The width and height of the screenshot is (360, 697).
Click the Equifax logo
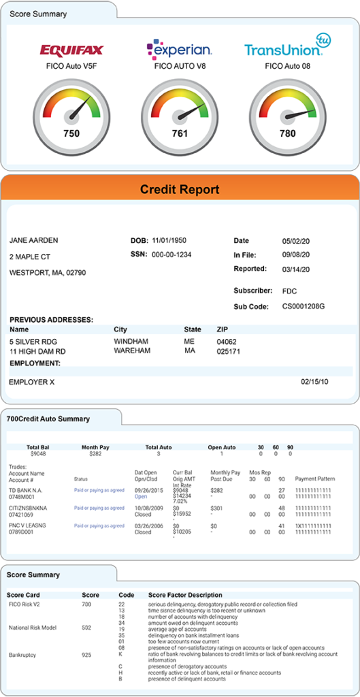click(71, 50)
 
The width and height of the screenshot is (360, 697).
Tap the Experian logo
click(180, 48)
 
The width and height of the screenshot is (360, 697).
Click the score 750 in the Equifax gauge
click(71, 133)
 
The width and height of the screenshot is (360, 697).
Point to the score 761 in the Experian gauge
click(180, 133)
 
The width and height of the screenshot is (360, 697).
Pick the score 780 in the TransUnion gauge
click(288, 133)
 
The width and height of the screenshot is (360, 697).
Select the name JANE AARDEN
click(33, 240)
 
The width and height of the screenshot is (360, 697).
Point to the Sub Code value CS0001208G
click(304, 306)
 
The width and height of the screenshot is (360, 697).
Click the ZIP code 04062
click(226, 340)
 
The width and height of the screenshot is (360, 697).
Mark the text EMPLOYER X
click(31, 382)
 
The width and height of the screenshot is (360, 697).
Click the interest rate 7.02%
click(180, 501)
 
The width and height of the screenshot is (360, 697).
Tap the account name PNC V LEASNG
click(28, 526)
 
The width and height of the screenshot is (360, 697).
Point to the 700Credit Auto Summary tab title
click(48, 419)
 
